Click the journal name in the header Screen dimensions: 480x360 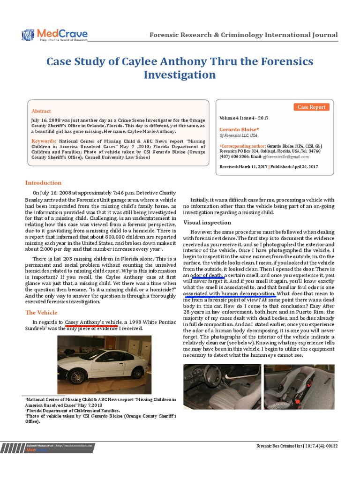tap(243, 35)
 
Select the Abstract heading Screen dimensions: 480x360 tap(41, 111)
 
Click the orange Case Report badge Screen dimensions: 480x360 tap(311, 107)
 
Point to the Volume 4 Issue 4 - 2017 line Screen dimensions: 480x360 tap(244, 118)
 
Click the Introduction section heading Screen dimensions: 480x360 tap(43, 183)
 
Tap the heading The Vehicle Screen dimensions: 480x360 tap(42, 312)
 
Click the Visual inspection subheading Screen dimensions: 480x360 tap(207, 222)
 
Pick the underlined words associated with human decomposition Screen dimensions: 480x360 tap(229, 294)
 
